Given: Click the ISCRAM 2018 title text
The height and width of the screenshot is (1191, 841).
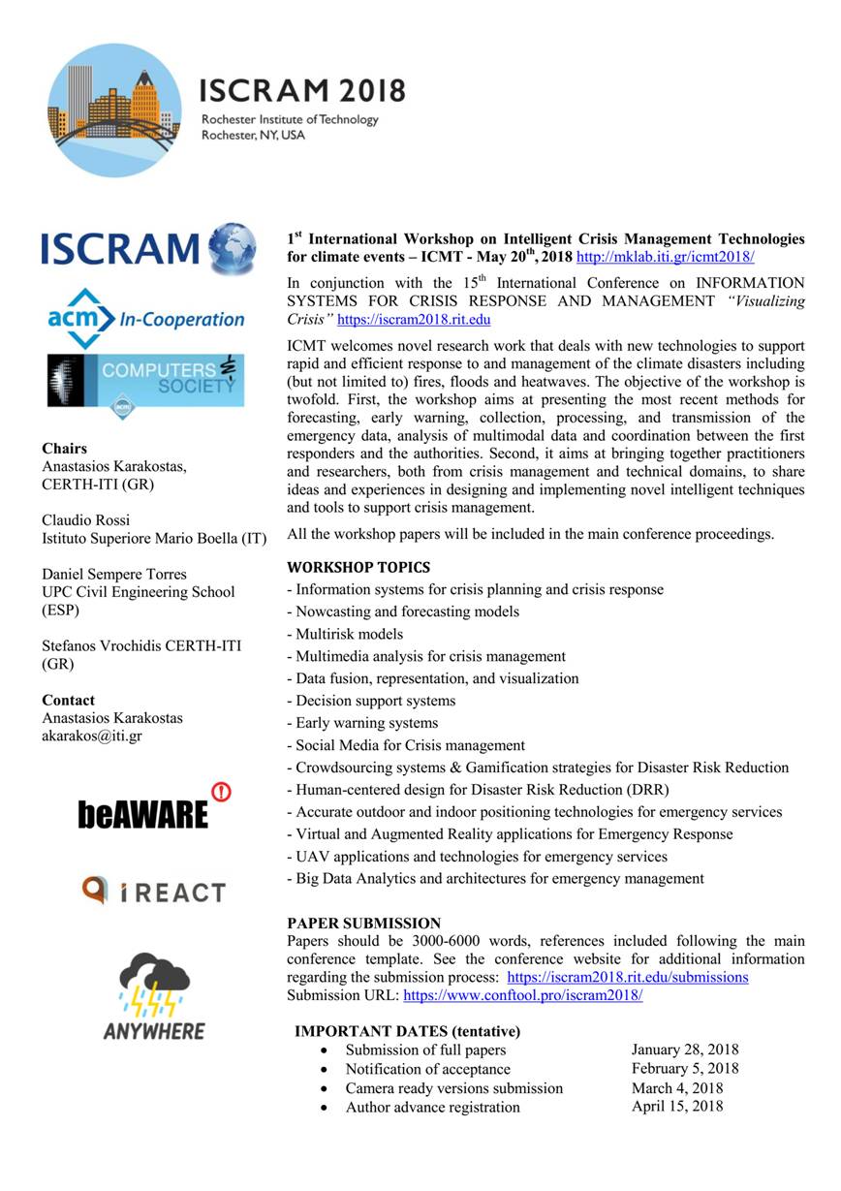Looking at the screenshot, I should point(302,91).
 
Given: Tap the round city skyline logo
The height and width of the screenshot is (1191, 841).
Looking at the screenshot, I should point(114,110).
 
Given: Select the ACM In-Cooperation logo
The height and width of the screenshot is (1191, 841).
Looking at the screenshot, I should point(145,318).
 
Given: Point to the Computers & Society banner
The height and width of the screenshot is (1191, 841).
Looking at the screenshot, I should point(145,381).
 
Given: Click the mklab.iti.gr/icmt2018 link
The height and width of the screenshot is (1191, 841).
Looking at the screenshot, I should point(665,257).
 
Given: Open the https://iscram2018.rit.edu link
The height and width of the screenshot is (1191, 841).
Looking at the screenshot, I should point(414,319).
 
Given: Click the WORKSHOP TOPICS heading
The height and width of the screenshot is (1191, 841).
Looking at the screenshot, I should point(358,567).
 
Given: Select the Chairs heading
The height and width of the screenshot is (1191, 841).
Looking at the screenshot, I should point(64,448).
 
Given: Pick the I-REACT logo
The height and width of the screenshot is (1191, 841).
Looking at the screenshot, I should point(152,891).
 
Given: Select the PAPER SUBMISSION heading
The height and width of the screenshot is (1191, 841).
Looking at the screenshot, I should point(363,923).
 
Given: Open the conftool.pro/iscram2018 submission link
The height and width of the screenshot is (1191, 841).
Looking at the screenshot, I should point(522,995).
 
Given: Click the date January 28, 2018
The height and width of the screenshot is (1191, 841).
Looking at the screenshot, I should point(684,1050).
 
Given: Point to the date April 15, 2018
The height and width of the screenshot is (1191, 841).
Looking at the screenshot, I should point(676,1106).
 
